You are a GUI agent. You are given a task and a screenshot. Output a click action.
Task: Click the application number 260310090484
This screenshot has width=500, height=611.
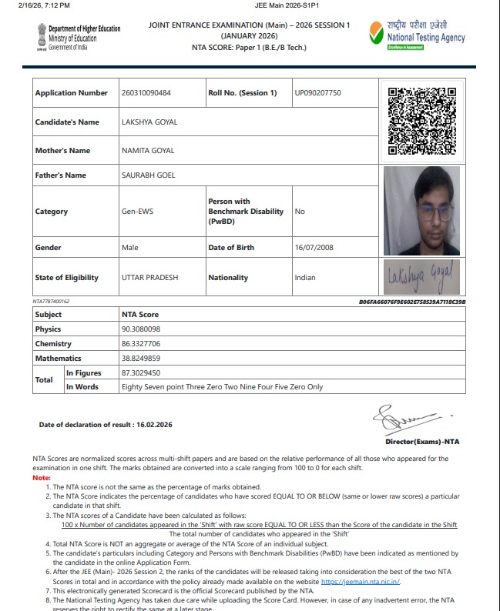pyautogui.click(x=146, y=93)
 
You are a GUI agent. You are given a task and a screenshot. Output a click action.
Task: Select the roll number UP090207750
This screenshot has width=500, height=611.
pyautogui.click(x=317, y=93)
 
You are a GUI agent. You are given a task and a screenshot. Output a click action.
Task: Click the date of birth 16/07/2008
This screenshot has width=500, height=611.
pyautogui.click(x=317, y=248)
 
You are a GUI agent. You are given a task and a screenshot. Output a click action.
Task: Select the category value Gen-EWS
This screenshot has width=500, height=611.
pyautogui.click(x=137, y=212)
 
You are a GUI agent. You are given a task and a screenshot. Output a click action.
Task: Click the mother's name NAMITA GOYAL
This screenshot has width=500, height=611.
pyautogui.click(x=148, y=151)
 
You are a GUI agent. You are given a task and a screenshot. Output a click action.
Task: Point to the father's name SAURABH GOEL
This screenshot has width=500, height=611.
pyautogui.click(x=148, y=175)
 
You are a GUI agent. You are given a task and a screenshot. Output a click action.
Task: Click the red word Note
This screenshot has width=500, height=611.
pyautogui.click(x=41, y=478)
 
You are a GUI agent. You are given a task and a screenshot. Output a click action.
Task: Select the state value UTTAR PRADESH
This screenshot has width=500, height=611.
pyautogui.click(x=149, y=278)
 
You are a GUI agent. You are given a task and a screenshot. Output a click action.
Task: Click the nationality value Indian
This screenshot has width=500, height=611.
pyautogui.click(x=305, y=278)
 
